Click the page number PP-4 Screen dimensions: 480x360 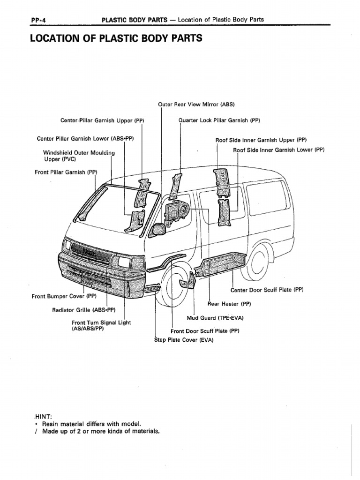(37, 19)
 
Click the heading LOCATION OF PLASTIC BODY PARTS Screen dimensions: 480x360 (116, 38)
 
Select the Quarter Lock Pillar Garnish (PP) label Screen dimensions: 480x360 (219, 120)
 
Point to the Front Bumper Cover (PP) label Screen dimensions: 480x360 (64, 296)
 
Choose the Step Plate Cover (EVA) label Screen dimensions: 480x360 (184, 340)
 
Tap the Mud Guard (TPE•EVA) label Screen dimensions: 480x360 (215, 318)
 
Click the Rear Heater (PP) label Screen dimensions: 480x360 (229, 304)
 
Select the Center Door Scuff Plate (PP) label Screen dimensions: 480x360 (267, 290)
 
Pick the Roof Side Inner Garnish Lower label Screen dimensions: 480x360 (279, 150)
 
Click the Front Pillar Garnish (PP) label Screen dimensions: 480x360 (66, 172)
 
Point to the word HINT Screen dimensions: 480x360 (45, 416)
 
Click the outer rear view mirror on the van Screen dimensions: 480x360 (158, 229)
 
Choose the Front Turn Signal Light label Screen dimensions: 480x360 (101, 326)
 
